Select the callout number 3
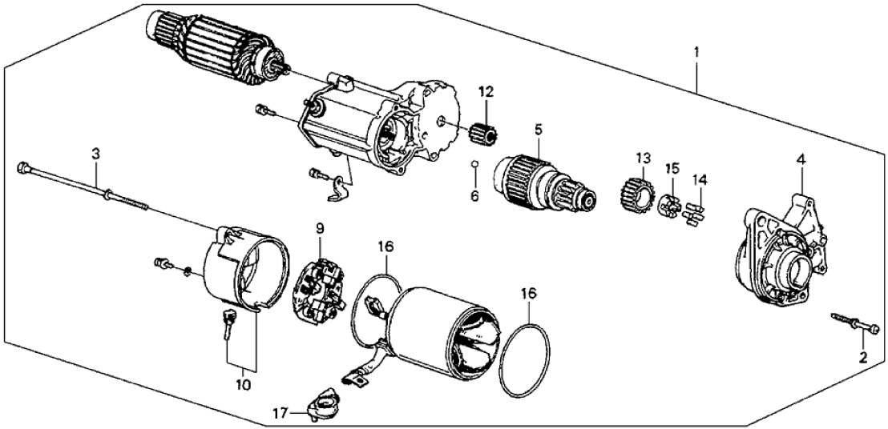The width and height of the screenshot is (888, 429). pos(95,152)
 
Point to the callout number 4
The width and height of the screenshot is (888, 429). pos(800,161)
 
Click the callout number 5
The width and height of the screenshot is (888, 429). pos(539,128)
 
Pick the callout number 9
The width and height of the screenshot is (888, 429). pos(319,228)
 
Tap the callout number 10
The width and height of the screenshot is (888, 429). pos(242,385)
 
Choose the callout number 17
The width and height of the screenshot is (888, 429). pos(280,413)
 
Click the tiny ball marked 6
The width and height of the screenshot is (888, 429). pos(474,166)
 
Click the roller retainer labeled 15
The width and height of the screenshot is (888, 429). pos(667,207)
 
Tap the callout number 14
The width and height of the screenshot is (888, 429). pos(700,181)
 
